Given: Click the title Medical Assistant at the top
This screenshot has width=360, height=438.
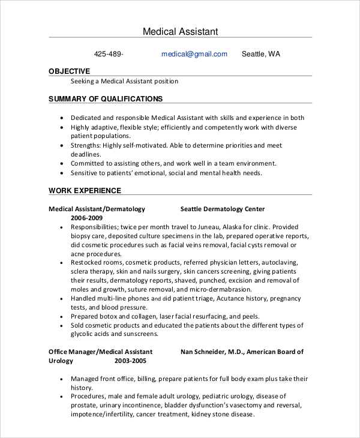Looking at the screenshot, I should (x=180, y=31).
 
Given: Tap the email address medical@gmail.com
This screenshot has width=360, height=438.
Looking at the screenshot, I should (x=194, y=54).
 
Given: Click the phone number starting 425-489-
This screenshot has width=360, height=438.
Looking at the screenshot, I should (x=109, y=54).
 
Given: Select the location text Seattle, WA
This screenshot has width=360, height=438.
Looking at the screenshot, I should (x=260, y=54).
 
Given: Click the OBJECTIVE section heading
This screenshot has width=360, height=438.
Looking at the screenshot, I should (x=69, y=71).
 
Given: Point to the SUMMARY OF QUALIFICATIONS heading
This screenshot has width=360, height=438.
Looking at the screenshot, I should (x=105, y=98).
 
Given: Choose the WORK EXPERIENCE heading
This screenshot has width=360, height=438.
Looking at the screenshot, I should (x=85, y=191).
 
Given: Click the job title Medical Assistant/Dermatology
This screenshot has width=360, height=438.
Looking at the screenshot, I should (x=97, y=209).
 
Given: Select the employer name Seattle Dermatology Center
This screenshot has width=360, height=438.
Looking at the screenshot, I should (x=223, y=209).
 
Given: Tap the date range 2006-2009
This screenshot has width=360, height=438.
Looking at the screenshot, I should (x=87, y=218).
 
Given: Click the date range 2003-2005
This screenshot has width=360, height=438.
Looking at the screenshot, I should (x=130, y=361).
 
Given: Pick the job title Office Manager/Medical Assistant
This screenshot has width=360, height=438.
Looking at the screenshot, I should (x=100, y=352).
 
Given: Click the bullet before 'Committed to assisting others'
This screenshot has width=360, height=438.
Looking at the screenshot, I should (x=62, y=164).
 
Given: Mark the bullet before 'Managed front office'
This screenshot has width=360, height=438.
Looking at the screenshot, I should (x=62, y=379).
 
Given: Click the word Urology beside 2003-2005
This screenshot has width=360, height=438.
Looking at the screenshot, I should (x=61, y=361).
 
